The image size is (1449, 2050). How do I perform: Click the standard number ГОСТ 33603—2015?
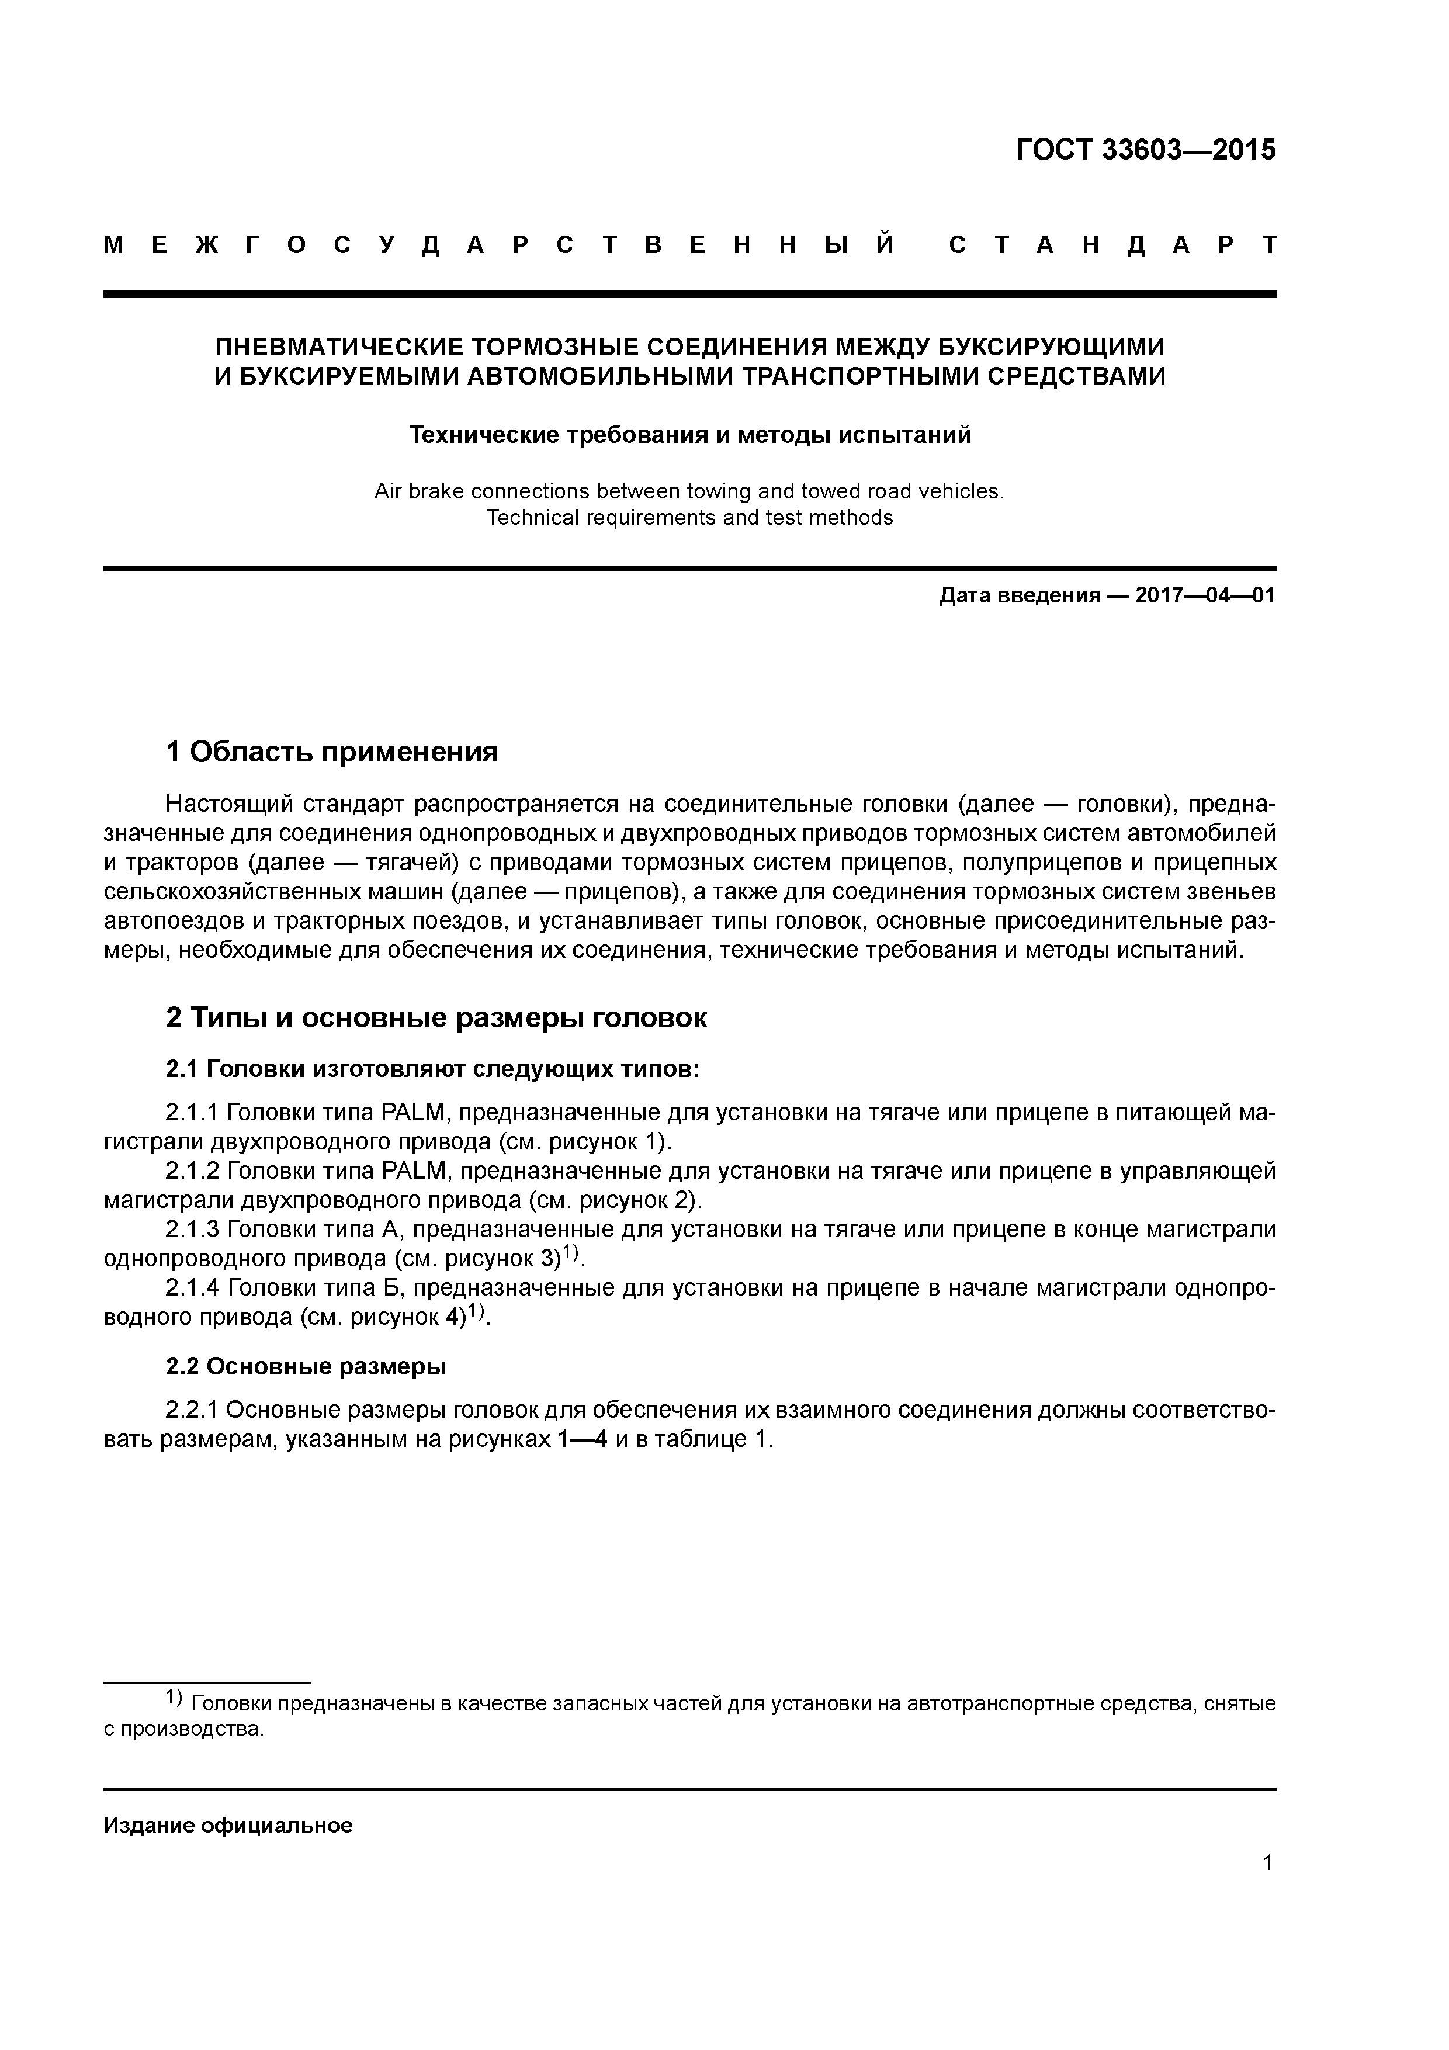coord(1145,150)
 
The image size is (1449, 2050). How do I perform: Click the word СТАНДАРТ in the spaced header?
coord(1112,245)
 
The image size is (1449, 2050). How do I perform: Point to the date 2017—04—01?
coord(1204,595)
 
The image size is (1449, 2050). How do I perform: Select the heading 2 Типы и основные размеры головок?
coord(436,1018)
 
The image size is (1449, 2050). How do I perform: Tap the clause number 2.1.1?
coord(192,1113)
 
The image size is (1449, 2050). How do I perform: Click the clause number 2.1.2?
coord(192,1171)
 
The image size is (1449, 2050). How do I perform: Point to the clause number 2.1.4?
coord(192,1287)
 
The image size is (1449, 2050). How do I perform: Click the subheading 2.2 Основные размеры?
coord(306,1366)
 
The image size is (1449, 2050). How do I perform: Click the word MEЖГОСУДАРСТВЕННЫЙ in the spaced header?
coord(500,245)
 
